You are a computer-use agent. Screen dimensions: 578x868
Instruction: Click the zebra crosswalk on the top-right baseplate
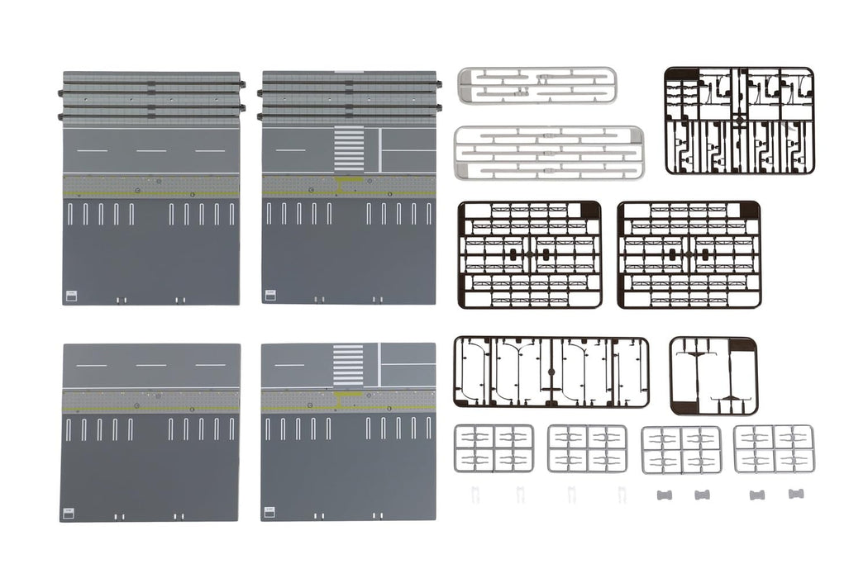click(349, 149)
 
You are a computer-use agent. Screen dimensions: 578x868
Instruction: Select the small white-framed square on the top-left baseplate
click(71, 295)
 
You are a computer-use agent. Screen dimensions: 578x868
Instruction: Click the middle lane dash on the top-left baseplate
click(151, 151)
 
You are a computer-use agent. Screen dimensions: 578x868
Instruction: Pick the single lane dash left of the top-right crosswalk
click(290, 150)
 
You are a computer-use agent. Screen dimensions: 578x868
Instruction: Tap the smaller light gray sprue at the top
click(537, 85)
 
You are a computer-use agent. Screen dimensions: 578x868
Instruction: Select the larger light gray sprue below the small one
click(548, 153)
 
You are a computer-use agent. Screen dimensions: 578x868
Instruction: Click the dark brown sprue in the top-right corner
click(739, 121)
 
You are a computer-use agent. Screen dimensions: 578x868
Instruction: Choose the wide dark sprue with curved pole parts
click(551, 372)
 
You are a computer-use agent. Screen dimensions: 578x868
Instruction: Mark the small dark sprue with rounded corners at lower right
click(713, 376)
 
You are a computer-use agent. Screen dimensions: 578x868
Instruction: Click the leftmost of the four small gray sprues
click(494, 448)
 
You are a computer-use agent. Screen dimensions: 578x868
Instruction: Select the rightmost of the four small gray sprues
click(774, 448)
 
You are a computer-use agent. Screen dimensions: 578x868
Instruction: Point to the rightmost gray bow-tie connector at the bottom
click(796, 494)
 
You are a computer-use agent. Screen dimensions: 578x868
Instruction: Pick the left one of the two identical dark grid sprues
click(530, 255)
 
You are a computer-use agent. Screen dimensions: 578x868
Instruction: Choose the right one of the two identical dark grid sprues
click(689, 255)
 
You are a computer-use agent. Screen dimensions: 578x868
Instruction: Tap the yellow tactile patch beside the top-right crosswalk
click(350, 180)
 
